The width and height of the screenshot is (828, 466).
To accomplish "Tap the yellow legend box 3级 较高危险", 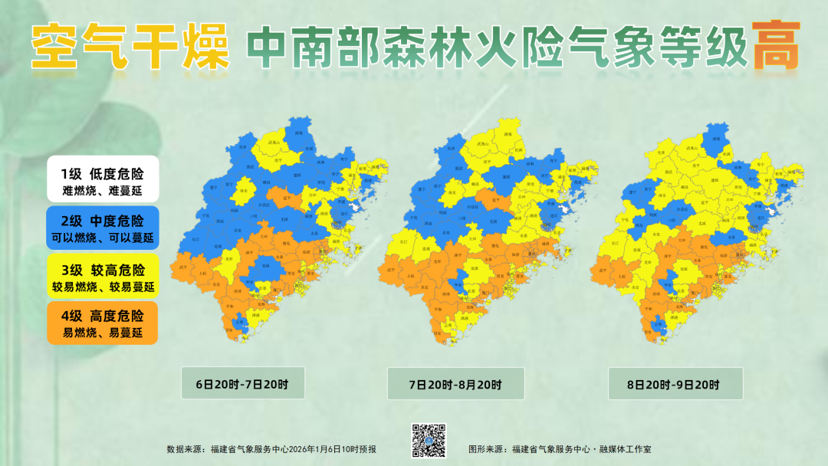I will (102, 277).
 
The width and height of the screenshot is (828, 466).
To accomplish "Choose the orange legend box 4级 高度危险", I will (102, 323).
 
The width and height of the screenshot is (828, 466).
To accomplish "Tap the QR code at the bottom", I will (429, 439).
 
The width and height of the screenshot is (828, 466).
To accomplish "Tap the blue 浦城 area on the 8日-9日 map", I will (716, 134).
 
